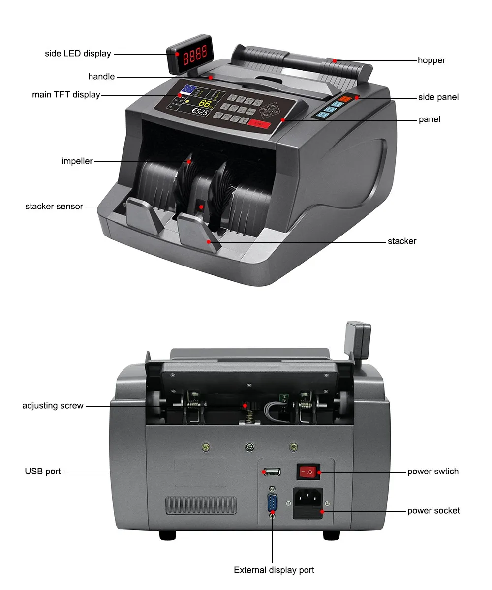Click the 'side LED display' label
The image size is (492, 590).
point(78,54)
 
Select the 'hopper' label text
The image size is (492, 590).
point(431,60)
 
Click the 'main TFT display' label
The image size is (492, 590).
point(66,95)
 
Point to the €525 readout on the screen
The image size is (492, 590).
point(200,112)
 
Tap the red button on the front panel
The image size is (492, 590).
point(258,124)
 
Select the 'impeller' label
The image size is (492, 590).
point(77,161)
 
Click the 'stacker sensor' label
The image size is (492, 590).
point(54,206)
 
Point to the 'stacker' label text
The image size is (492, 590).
point(402,241)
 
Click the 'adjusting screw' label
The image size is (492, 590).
point(53,406)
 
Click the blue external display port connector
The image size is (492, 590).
point(272,504)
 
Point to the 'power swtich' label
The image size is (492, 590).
point(432,472)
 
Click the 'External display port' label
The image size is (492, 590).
point(274,570)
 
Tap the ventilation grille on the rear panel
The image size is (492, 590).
point(200,505)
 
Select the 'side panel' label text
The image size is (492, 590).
point(438,97)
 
